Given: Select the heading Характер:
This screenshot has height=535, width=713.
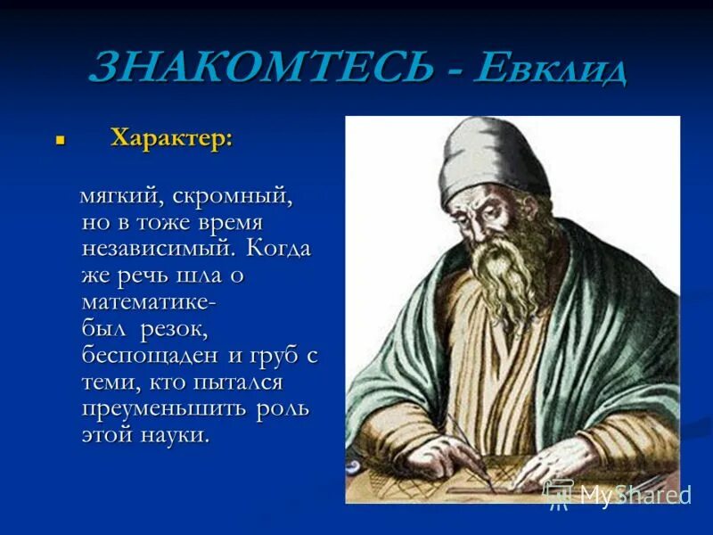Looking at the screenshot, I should [x=171, y=138].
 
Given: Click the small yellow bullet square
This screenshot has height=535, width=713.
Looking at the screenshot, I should [x=61, y=141].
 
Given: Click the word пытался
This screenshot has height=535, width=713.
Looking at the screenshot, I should [x=237, y=383].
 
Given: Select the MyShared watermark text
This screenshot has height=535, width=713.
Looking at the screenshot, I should [x=633, y=494].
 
